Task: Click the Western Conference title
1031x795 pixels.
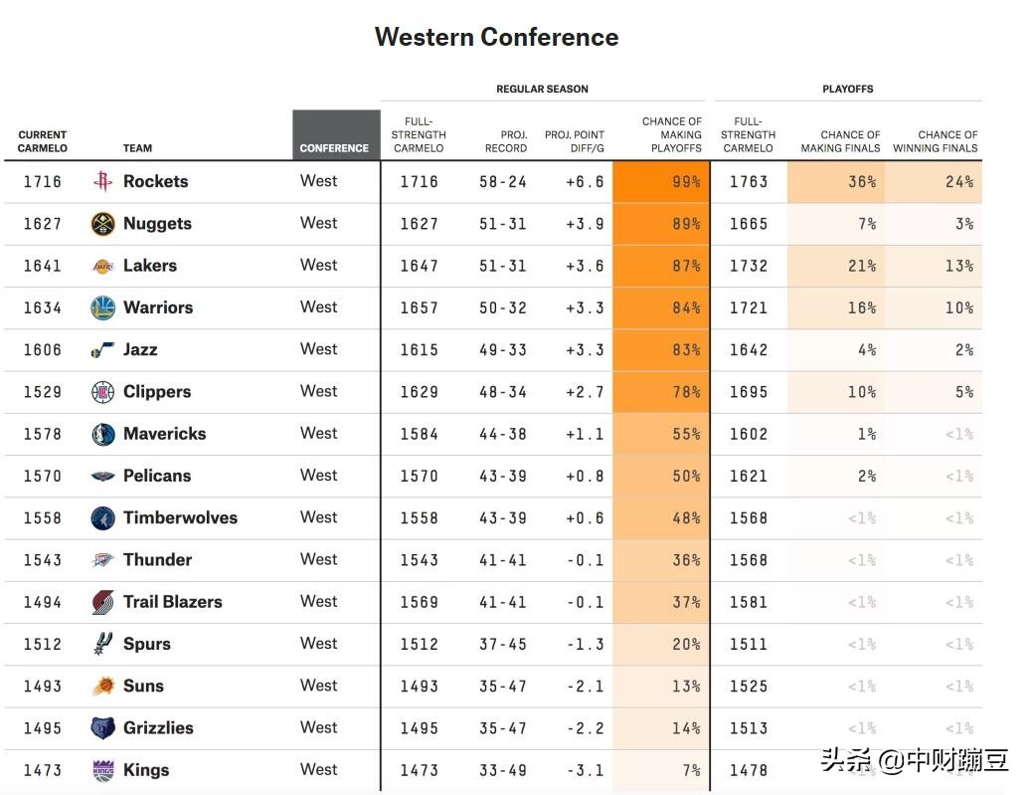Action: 496,38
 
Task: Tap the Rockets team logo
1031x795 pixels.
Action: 102,182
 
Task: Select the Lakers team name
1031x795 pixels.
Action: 150,266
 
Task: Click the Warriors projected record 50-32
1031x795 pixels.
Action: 503,308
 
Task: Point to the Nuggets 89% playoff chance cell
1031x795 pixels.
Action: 661,224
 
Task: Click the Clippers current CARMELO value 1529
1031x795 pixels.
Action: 43,392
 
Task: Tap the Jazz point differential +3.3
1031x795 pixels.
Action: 585,350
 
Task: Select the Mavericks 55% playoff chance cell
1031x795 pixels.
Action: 661,435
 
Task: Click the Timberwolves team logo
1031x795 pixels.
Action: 102,518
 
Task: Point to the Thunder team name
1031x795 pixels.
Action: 157,560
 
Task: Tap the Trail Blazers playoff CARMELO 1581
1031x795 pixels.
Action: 749,602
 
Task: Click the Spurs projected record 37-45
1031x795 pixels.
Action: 503,645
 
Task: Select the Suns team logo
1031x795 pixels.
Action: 102,687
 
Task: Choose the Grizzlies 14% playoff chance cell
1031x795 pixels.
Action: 661,728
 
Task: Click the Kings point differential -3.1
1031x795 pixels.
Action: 585,770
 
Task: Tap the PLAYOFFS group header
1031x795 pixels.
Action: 848,89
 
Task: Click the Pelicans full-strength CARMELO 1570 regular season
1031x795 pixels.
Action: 420,477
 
